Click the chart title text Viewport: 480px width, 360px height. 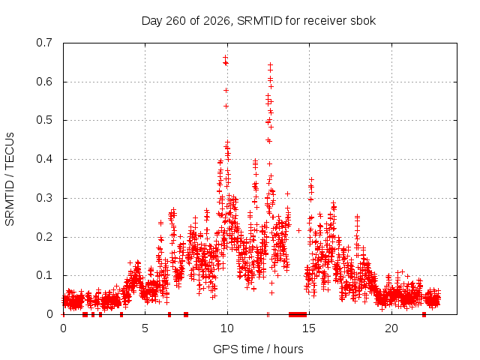pyautogui.click(x=259, y=21)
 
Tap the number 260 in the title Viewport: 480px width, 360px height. pyautogui.click(x=175, y=21)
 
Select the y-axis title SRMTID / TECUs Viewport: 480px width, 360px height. pyautogui.click(x=10, y=179)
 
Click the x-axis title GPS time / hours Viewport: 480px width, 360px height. pyautogui.click(x=258, y=349)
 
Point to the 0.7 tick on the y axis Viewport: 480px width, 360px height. pyautogui.click(x=44, y=43)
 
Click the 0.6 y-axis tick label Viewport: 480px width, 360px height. pyautogui.click(x=44, y=82)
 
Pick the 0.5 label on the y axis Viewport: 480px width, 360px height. pyautogui.click(x=44, y=120)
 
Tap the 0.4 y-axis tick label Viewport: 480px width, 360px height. pyautogui.click(x=44, y=159)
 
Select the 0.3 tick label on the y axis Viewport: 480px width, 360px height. pyautogui.click(x=44, y=198)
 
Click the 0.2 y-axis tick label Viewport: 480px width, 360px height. pyautogui.click(x=44, y=237)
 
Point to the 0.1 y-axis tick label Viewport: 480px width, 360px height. pyautogui.click(x=44, y=275)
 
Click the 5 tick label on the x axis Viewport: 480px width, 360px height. pyautogui.click(x=145, y=328)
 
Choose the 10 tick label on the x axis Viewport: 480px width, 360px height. pyautogui.click(x=227, y=328)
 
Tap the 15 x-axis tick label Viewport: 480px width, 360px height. pyautogui.click(x=309, y=328)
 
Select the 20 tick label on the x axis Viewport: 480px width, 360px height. pyautogui.click(x=391, y=328)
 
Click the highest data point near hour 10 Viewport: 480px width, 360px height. pyautogui.click(x=225, y=57)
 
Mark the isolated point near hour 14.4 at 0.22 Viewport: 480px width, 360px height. pyautogui.click(x=298, y=230)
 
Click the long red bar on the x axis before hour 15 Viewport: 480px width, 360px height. pyautogui.click(x=298, y=314)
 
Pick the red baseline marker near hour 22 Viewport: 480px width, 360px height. pyautogui.click(x=424, y=314)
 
